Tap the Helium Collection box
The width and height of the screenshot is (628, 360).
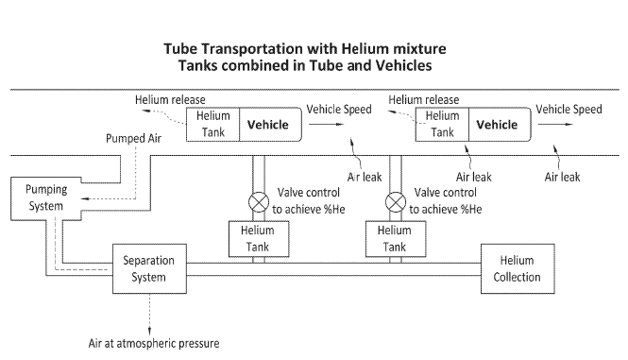518,269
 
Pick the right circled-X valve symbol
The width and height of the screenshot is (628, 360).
394,201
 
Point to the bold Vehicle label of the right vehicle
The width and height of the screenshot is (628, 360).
497,124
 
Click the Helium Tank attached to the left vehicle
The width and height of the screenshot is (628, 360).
212,124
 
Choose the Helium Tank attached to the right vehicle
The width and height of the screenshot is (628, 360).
442,125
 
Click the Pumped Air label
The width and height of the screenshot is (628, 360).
128,139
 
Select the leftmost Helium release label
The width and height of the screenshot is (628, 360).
170,99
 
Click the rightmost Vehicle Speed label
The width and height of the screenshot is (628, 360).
569,110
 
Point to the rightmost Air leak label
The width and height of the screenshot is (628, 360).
562,176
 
